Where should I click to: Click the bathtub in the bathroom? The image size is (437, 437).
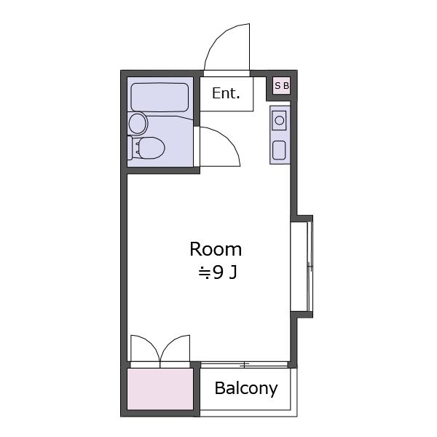(160, 98)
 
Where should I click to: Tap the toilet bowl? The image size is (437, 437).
(151, 148)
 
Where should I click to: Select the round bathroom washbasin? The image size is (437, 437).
(138, 124)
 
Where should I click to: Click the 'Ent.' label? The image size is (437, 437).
(226, 93)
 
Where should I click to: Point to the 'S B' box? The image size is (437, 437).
(281, 85)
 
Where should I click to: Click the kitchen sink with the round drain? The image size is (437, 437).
(279, 120)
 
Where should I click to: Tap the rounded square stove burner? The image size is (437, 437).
(279, 150)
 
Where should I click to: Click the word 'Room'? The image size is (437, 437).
(216, 249)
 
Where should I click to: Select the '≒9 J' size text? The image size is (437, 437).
(218, 272)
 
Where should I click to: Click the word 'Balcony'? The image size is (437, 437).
(246, 388)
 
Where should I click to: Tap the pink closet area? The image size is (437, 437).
(160, 389)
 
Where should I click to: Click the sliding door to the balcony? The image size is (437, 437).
(244, 365)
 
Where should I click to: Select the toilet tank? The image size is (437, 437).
(130, 148)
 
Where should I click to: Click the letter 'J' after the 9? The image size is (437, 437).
(233, 272)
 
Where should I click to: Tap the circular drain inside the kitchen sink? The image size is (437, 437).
(279, 120)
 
